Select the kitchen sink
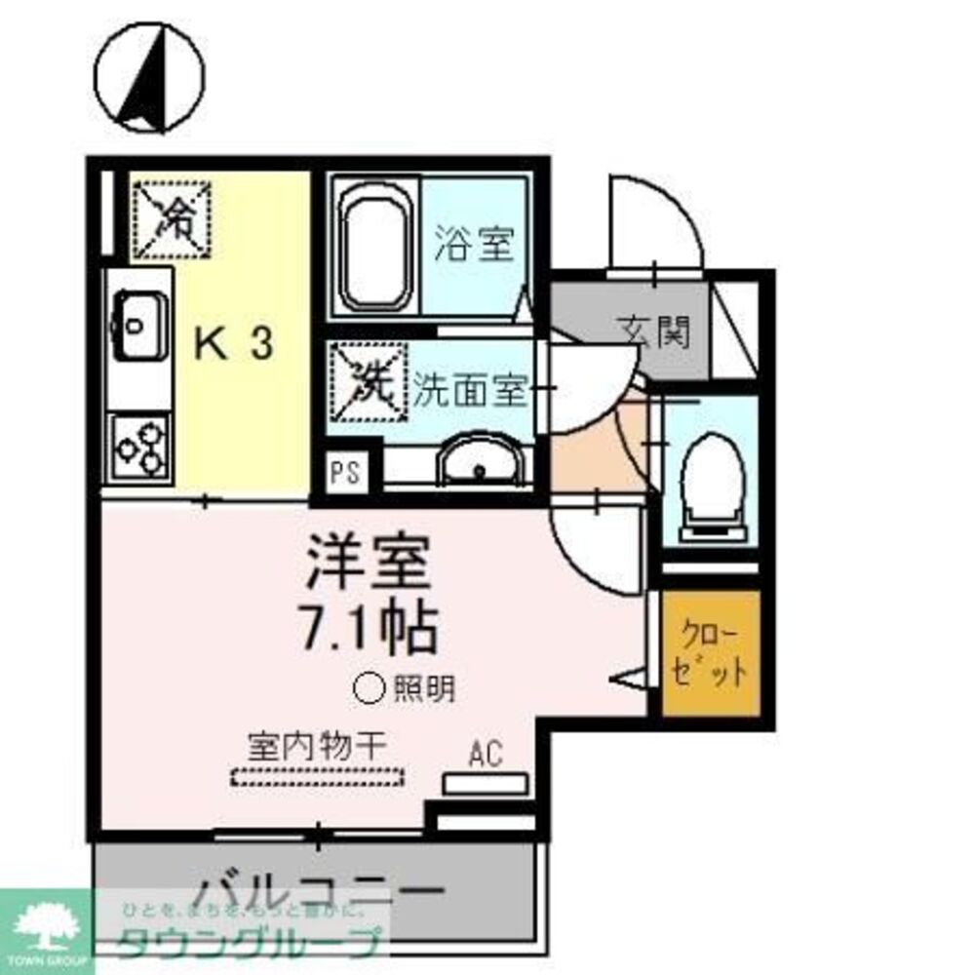(x=137, y=323)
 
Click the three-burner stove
(x=139, y=445)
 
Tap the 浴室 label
(x=474, y=244)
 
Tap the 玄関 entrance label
(x=653, y=332)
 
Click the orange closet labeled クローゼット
(x=711, y=653)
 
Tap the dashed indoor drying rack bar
(x=317, y=778)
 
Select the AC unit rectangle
(x=486, y=783)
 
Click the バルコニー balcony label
(x=321, y=893)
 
